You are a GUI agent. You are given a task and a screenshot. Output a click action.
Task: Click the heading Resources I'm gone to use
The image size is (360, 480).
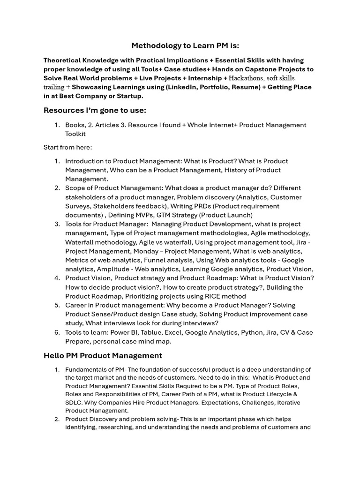95,110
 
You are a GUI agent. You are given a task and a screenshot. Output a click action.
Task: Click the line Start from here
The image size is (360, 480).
67,147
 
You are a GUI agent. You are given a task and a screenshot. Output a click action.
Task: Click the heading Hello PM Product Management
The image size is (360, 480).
103,355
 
